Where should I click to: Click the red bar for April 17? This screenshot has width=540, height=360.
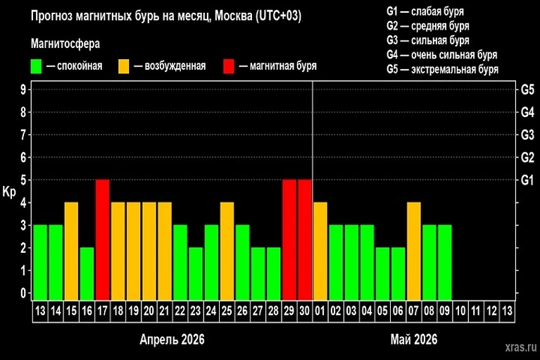[x=103, y=239]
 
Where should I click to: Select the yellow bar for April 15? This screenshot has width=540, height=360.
[x=71, y=250]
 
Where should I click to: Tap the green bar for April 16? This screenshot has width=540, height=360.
[x=87, y=273]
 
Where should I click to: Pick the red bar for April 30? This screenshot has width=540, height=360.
[x=304, y=239]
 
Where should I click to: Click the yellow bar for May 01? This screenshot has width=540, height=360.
[x=320, y=250]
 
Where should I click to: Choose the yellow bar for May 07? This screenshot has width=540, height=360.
[x=413, y=250]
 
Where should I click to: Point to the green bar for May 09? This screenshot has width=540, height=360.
[x=444, y=261]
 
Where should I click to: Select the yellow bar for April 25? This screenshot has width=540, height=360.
[x=227, y=250]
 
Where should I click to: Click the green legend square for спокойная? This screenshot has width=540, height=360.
[x=37, y=66]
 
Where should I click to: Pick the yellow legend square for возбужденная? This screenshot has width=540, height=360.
[x=124, y=66]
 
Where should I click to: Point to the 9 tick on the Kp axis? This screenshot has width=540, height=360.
[x=23, y=89]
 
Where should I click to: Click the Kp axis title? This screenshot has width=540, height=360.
[x=9, y=192]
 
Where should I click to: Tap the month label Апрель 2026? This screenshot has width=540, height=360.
[x=172, y=340]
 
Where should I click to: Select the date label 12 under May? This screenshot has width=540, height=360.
[x=491, y=310]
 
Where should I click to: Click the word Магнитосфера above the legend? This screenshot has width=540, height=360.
[x=65, y=44]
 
